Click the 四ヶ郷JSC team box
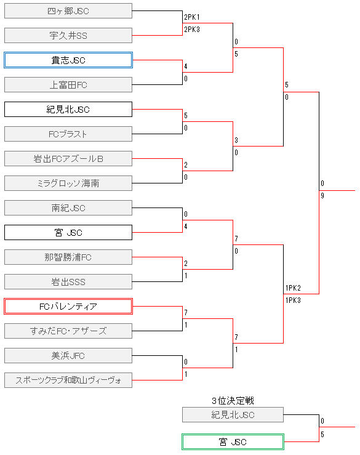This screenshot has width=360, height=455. coord(68,10)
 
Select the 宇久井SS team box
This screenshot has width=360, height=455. coord(68,35)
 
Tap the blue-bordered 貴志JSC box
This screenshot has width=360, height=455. coord(68,60)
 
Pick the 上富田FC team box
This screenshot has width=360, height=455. coord(68,84)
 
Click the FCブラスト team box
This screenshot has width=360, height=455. coord(68,134)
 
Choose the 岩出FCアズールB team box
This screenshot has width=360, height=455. coord(68,158)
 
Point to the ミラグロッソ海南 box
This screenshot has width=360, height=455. coord(68,183)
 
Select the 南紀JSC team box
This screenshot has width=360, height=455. coord(68,207)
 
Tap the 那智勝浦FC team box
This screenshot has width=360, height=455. coord(68,257)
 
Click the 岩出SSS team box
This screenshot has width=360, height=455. coord(68,281)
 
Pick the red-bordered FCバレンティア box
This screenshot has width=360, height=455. coord(68,306)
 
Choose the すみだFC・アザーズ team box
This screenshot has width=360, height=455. coord(68,331)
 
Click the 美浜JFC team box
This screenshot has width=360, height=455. coord(68,355)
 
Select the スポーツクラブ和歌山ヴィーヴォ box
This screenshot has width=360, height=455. coord(68,380)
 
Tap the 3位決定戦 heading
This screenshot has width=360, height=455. coord(233,401)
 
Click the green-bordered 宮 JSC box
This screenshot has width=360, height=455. coord(233,441)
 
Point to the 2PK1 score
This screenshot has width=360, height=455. coord(191,17)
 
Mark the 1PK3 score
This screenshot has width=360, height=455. coord(293,300)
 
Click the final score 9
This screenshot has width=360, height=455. coord(322,196)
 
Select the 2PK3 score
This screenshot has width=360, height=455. coord(191,29)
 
